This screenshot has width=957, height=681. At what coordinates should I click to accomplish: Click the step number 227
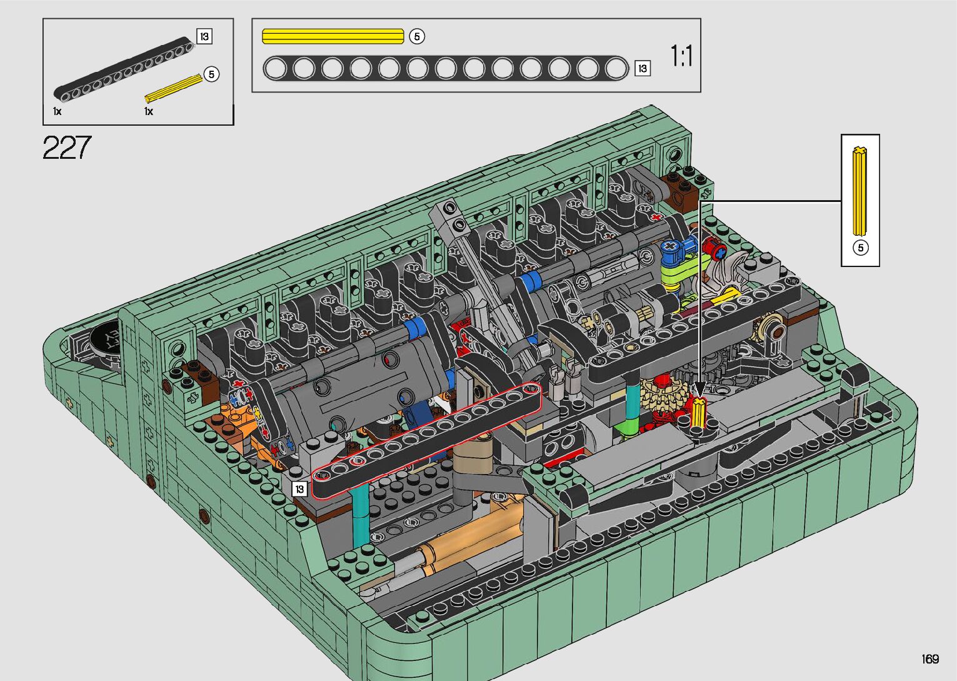coord(67,148)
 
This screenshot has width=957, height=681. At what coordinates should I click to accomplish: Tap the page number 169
coord(931,658)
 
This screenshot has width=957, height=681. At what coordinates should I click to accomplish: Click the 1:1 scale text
coord(681,56)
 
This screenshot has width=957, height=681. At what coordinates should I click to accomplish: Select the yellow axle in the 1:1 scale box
coord(333,36)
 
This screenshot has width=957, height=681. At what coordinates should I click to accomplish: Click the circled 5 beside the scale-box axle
coord(417,36)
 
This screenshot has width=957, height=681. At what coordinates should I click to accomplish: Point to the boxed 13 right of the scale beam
coord(643,68)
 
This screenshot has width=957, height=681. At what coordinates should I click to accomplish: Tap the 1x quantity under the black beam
coord(58,111)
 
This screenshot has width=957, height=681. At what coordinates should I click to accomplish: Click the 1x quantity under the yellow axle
coord(149,111)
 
